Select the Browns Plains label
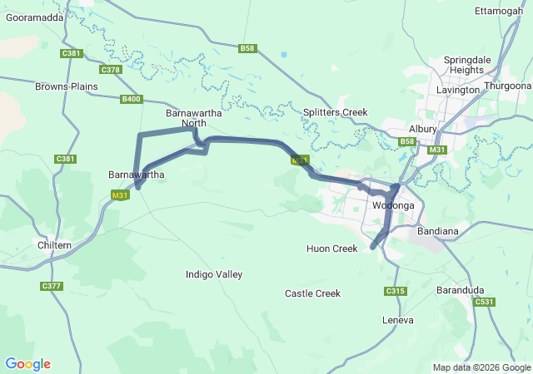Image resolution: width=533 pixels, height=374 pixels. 61,86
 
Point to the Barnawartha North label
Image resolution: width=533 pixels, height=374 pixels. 187,118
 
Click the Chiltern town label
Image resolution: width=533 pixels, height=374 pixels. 55,245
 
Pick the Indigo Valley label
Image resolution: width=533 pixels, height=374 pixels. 214,274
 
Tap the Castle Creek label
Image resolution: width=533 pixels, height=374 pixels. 312,293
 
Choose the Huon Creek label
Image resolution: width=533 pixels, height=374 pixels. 331,249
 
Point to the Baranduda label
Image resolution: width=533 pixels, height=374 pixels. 461,290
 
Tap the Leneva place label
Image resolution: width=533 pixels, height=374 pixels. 397,320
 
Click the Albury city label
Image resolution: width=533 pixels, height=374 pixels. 423,129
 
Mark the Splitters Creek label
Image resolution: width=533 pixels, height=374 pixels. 335,112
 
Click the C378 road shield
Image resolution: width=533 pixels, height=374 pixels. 111,70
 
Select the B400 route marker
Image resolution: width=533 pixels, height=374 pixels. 131,99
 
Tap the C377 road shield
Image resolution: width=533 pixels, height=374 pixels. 51,286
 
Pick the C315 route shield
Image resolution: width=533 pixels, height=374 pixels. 395,291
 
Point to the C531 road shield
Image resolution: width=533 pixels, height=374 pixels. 485,303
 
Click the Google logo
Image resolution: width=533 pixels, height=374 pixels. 27,364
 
